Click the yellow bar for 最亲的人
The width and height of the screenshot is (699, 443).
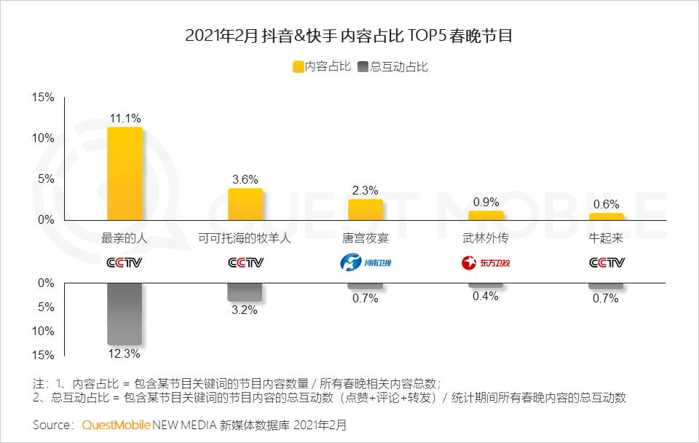tap(125, 173)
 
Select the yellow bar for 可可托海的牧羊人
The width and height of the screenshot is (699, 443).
tap(245, 204)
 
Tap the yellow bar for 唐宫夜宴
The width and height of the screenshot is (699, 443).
tap(366, 209)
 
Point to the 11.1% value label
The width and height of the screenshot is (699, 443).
tap(125, 118)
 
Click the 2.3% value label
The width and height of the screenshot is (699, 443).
tap(366, 190)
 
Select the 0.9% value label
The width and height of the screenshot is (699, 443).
tap(486, 202)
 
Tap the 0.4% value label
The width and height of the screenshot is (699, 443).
tap(486, 296)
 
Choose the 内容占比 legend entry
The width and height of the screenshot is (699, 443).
tap(322, 66)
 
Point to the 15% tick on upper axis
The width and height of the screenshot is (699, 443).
tap(44, 98)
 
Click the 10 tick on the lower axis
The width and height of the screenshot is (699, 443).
tap(45, 331)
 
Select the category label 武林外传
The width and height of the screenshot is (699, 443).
tap(486, 238)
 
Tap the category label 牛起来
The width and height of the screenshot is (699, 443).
tap(607, 238)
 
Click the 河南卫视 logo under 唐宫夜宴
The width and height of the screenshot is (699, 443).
tap(366, 262)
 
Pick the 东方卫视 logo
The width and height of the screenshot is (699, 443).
tap(486, 262)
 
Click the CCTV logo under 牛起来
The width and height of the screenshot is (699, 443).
tap(607, 262)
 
